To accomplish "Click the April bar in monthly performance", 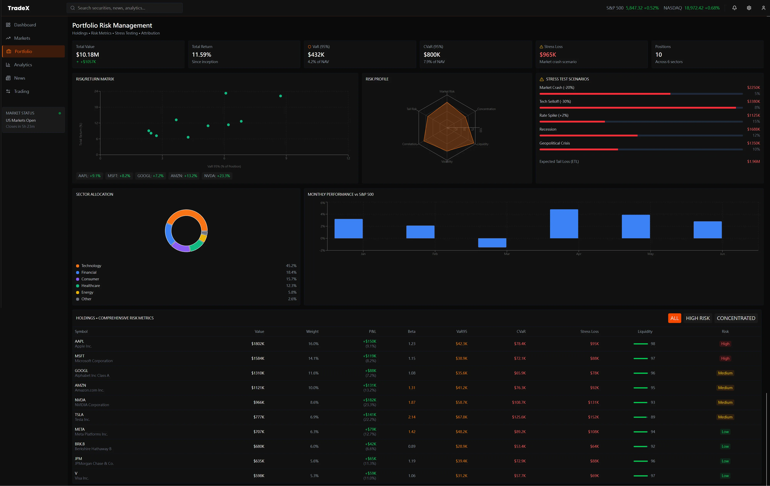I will (564, 224).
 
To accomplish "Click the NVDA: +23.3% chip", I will (217, 176).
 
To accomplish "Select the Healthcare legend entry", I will (90, 285).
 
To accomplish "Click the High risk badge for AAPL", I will (725, 344).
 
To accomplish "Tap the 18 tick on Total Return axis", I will (96, 107).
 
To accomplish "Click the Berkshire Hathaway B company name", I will (93, 449).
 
